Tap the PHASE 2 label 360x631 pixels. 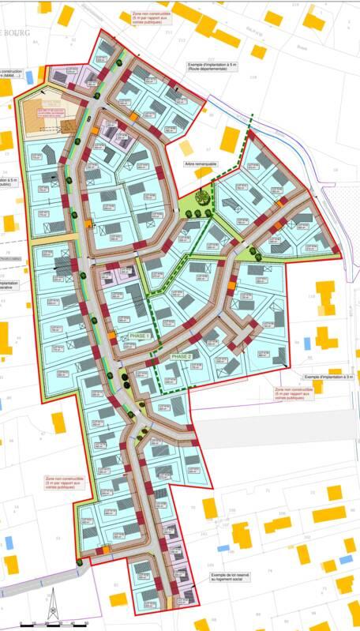pos(182,357)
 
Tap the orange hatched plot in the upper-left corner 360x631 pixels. pos(47,115)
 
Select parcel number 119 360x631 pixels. pos(253,77)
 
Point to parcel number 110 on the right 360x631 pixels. pos(311,296)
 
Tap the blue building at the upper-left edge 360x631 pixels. pos(30,77)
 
